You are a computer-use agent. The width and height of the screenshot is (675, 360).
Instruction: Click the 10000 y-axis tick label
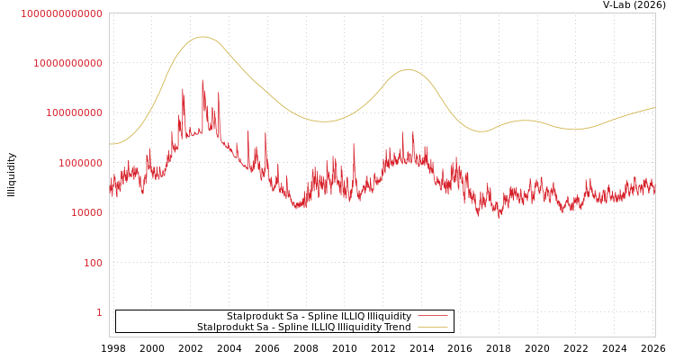pos(86,213)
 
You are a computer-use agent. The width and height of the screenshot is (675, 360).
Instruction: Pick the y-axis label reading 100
pos(93,263)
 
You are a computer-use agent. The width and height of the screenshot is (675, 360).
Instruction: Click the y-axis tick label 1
pos(99,312)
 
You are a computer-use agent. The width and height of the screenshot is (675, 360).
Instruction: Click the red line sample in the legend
pos(433,317)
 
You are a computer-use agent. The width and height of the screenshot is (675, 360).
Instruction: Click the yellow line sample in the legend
pos(433,328)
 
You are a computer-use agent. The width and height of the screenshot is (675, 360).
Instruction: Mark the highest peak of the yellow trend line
pos(202,37)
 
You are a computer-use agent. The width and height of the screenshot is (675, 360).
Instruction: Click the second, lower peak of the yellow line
pos(408,69)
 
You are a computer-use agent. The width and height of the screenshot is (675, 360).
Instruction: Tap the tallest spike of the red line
pos(202,80)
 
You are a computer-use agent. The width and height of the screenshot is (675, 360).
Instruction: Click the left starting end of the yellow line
pos(110,144)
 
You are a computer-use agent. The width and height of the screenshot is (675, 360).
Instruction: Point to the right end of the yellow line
pos(655,108)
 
